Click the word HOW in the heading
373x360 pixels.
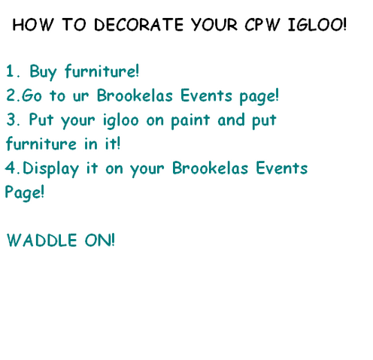[33, 25]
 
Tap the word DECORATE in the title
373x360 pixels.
[138, 25]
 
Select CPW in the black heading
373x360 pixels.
[262, 25]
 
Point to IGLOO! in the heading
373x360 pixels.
[317, 25]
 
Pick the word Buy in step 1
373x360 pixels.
[43, 72]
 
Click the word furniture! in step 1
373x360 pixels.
[102, 71]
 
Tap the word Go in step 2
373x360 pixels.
[32, 95]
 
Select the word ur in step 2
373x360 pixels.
[80, 96]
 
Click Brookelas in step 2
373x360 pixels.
[135, 95]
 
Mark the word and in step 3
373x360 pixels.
[231, 119]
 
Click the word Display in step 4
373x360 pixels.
[51, 169]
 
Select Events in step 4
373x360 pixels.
[282, 168]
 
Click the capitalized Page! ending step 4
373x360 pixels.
[25, 193]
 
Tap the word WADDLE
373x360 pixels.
[41, 241]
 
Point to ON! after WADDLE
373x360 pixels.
[100, 241]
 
